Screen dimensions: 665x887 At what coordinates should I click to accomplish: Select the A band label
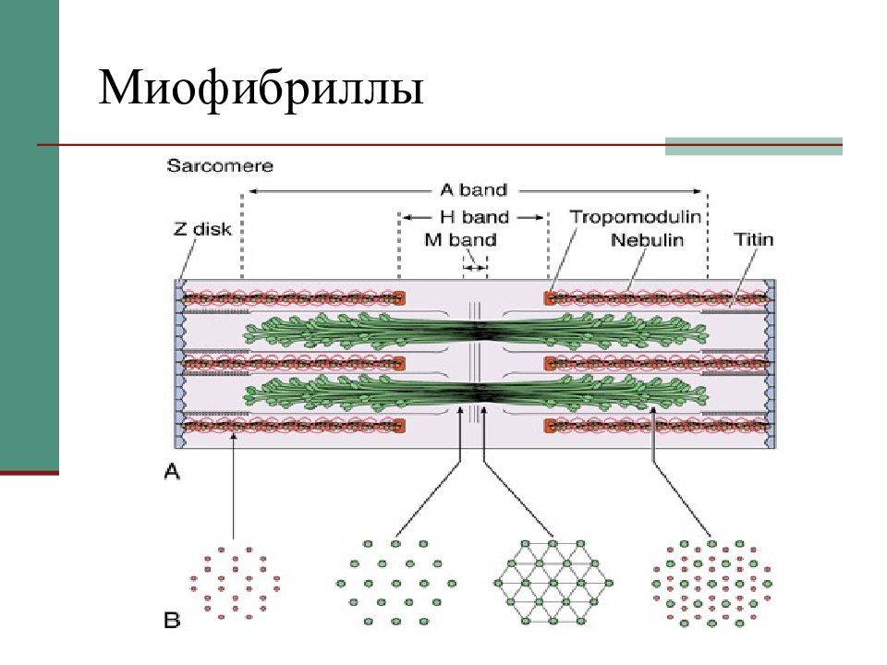click(x=473, y=190)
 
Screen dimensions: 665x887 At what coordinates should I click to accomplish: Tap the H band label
click(x=472, y=218)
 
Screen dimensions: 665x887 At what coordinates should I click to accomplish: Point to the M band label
click(x=459, y=240)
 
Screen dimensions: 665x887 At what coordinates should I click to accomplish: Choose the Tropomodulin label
click(x=635, y=218)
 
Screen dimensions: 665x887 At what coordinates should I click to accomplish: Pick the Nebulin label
click(x=646, y=240)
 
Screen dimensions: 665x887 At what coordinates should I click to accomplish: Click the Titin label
click(x=753, y=240)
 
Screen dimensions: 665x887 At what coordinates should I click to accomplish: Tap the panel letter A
click(x=172, y=472)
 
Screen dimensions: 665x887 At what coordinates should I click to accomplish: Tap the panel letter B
click(x=172, y=621)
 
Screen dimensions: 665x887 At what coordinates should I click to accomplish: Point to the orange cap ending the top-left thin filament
click(x=400, y=298)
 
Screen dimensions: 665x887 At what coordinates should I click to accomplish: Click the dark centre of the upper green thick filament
click(x=478, y=330)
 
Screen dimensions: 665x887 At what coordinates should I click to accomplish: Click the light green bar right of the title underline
click(x=753, y=146)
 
